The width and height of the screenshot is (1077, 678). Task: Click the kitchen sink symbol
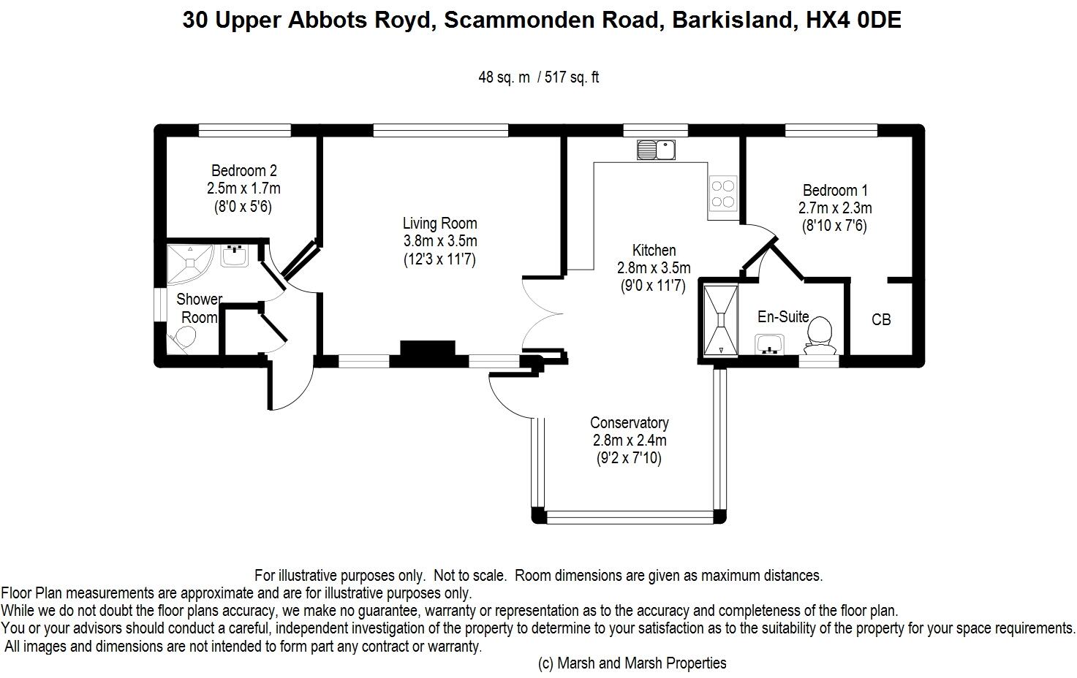(x=656, y=150)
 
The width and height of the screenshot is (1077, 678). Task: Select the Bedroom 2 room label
(x=243, y=170)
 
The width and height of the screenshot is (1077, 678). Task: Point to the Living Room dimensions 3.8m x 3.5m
(x=440, y=241)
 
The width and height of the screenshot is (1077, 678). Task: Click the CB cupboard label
(x=881, y=319)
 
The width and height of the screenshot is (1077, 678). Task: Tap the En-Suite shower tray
(x=720, y=321)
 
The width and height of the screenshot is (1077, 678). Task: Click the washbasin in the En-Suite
(x=769, y=345)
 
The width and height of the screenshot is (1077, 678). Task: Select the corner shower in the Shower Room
(x=189, y=264)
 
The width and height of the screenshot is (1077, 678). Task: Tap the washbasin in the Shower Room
(x=234, y=256)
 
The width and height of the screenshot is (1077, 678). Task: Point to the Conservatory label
(x=630, y=422)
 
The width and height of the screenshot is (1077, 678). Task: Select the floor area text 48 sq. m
(x=504, y=77)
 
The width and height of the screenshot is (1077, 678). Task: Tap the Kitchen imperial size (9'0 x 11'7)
(x=653, y=286)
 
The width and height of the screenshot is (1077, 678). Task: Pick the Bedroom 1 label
(x=835, y=190)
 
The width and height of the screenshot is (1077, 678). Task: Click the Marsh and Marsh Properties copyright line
(x=632, y=663)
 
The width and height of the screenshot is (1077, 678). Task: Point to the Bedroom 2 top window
(x=245, y=130)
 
